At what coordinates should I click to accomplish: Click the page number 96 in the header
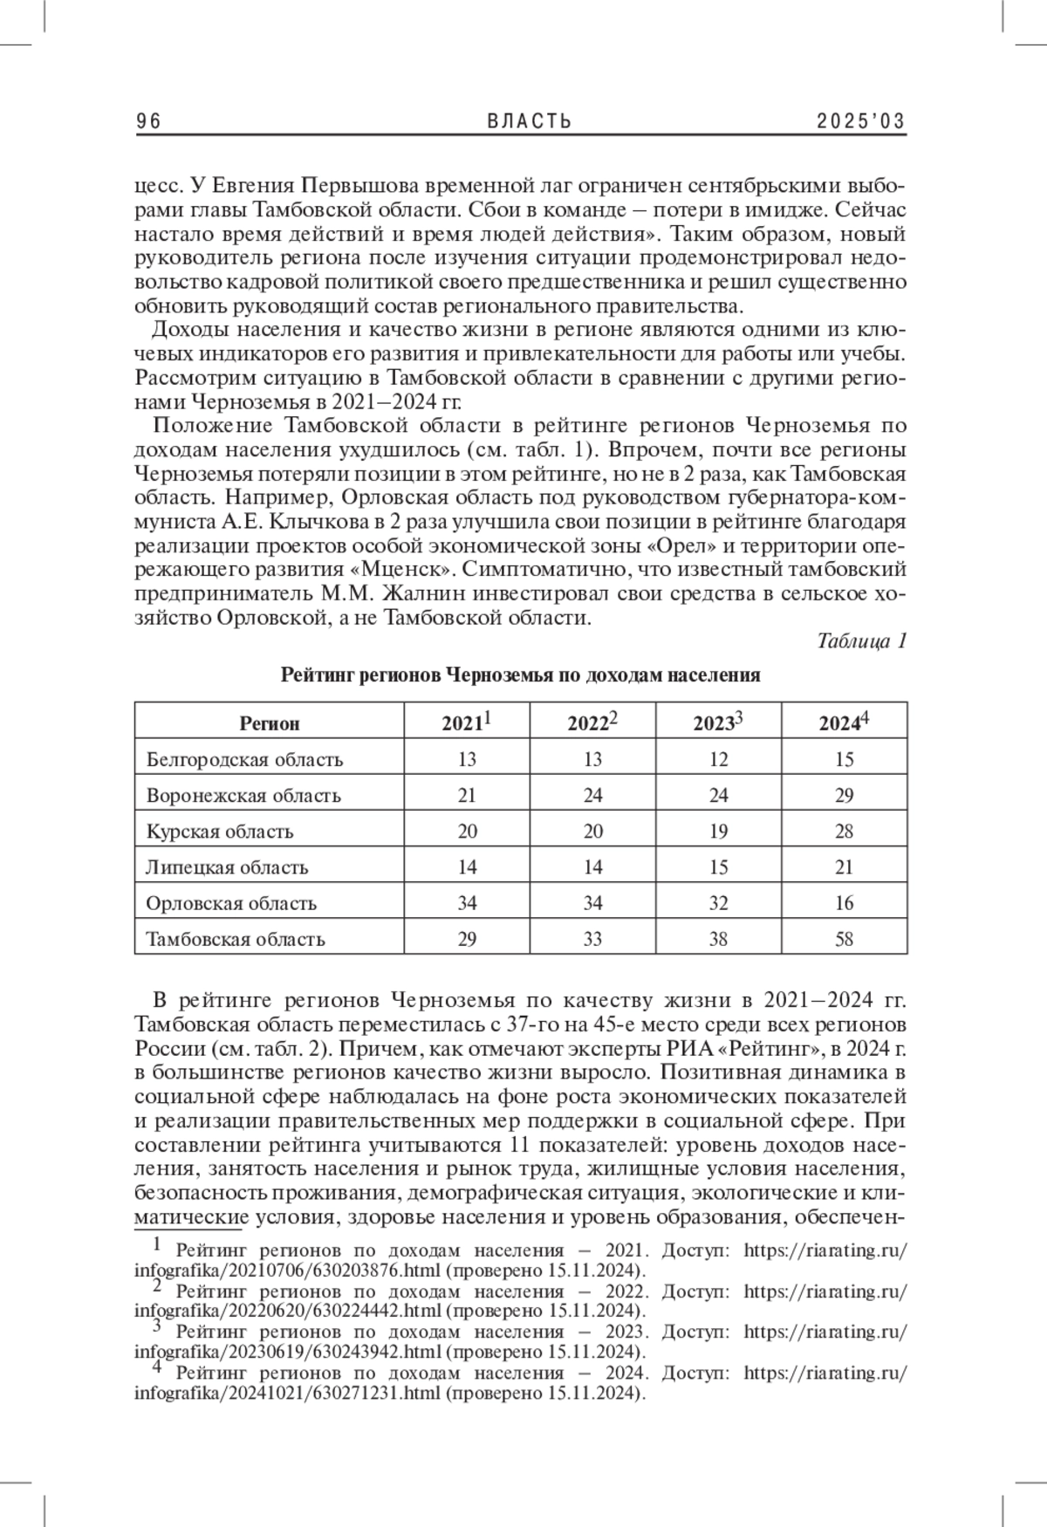click(x=148, y=121)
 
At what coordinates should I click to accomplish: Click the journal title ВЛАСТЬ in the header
click(x=529, y=121)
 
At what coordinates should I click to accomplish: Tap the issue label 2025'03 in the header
click(x=861, y=121)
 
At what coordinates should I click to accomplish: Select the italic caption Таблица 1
click(x=862, y=641)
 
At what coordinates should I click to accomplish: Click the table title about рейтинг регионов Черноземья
click(x=520, y=675)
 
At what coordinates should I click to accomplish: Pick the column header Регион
click(x=269, y=723)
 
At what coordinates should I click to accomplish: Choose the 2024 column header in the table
click(x=844, y=722)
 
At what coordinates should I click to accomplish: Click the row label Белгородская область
click(x=244, y=759)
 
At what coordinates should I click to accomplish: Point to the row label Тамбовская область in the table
click(x=236, y=940)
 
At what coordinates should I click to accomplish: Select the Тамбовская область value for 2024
click(x=844, y=940)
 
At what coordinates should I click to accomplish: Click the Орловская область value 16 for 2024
click(x=844, y=903)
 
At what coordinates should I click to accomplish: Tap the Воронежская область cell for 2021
click(x=467, y=795)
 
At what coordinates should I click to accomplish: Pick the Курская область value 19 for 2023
click(x=718, y=831)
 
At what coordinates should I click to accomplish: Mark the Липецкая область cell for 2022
click(x=592, y=867)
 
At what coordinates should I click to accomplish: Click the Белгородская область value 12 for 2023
click(x=718, y=759)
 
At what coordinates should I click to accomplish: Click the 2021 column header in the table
click(x=467, y=722)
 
